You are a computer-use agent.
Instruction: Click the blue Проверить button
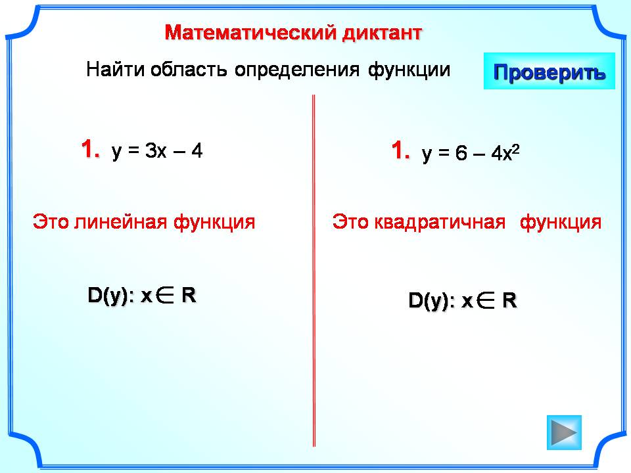coord(549,71)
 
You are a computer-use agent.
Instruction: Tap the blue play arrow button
coord(564,432)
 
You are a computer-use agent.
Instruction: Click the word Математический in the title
coord(251,32)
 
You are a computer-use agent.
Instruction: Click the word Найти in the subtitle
coord(116,69)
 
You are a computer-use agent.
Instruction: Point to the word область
coord(189,69)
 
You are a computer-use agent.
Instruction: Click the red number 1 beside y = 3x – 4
coord(91,148)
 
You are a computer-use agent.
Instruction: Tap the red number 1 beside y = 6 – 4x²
coord(401,150)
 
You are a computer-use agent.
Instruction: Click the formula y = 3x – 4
coord(157,152)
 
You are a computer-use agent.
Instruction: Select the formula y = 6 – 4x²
coord(471,153)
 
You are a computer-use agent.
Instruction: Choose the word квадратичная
coord(440,222)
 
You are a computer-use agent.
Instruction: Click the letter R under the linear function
coord(189,295)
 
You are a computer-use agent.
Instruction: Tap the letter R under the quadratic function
coord(509,300)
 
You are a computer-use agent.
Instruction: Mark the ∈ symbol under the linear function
coord(164,295)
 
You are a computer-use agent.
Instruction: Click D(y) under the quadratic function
coord(429,301)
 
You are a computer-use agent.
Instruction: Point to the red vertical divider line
coord(314,271)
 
